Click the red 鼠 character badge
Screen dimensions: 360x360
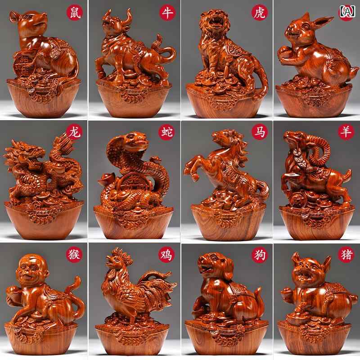[75, 12]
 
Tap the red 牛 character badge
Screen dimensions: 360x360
[167, 13]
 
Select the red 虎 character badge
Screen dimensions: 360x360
[260, 12]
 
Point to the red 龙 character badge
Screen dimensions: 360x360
[75, 132]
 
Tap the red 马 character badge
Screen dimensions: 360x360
[260, 132]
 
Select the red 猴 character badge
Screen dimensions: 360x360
[75, 254]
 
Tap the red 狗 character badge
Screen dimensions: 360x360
[260, 254]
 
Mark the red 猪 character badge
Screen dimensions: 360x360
[346, 254]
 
